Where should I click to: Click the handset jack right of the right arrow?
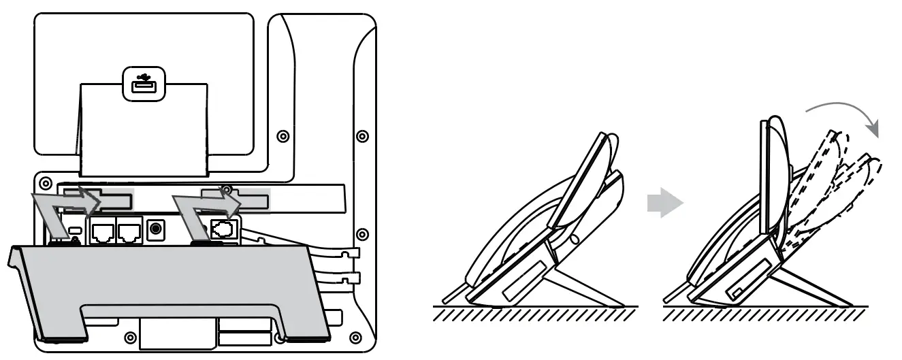(223, 229)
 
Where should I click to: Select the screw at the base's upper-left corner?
(46, 183)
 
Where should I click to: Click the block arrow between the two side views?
(663, 202)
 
